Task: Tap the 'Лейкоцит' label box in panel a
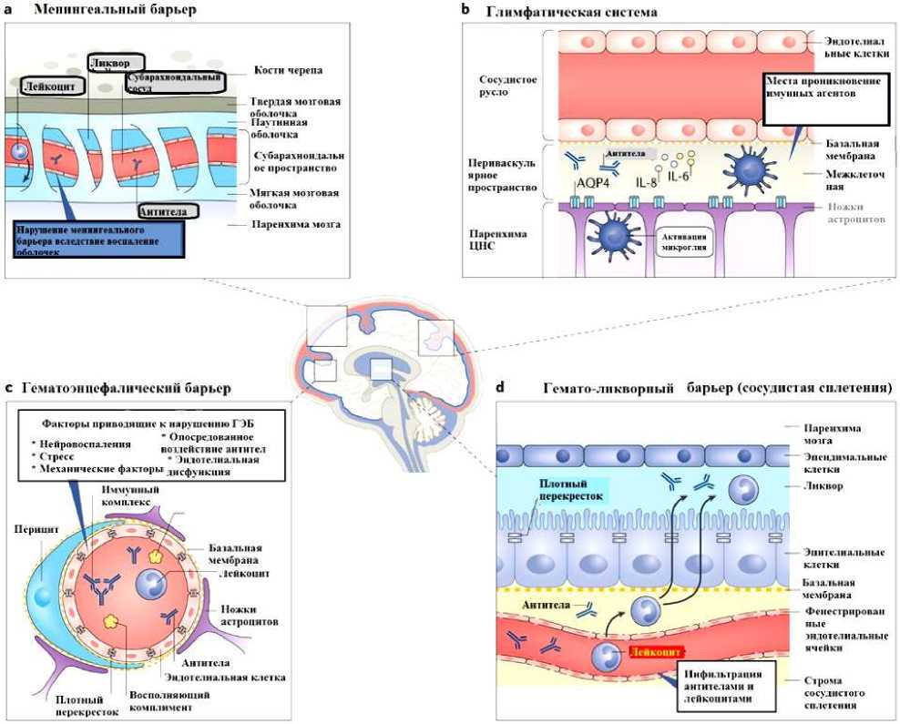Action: [51, 86]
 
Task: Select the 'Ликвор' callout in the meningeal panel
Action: [116, 64]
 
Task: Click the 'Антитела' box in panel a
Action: [169, 210]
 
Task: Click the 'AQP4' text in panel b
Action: [592, 180]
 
